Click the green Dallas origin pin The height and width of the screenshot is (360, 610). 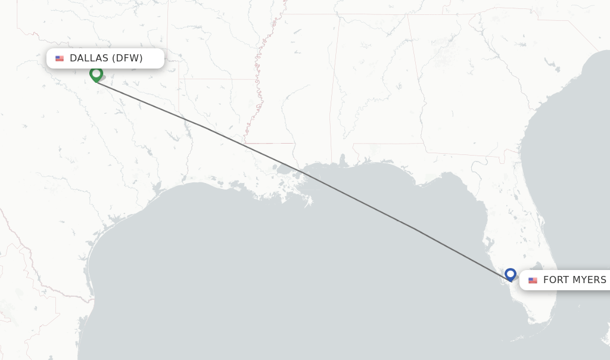96,74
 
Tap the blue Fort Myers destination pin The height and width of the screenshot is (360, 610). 510,274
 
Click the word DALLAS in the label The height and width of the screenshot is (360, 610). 89,58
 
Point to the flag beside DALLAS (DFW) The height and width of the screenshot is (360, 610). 60,58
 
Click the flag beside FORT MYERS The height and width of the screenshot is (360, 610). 533,280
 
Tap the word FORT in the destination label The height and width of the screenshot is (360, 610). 556,280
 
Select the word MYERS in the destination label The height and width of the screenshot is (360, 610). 590,280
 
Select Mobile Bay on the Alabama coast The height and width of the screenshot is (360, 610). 343,160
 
